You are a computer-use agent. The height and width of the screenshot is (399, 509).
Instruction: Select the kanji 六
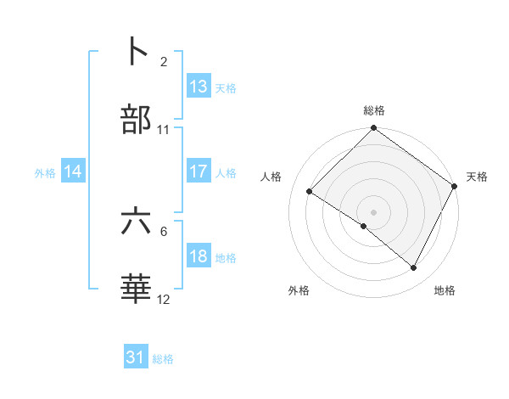(x=137, y=222)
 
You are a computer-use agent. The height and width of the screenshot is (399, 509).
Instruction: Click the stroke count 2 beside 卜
(x=164, y=61)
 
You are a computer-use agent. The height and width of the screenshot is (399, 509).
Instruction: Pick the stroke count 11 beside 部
(x=164, y=130)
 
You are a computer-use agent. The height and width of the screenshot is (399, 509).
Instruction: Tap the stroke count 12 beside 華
(x=164, y=300)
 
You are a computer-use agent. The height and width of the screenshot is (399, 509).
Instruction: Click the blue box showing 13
(x=199, y=87)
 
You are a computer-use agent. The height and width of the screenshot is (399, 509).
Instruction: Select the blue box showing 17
(x=199, y=171)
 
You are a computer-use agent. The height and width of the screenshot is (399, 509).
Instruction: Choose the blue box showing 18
(x=199, y=256)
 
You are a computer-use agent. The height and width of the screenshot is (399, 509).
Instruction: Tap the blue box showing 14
(x=74, y=171)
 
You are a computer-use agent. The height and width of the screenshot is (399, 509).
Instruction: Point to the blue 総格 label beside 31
(x=163, y=359)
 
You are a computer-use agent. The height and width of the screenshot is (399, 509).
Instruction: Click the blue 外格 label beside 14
(x=45, y=173)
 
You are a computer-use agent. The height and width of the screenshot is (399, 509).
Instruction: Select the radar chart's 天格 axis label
(x=477, y=177)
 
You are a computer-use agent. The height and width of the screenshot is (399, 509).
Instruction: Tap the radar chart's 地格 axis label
(x=445, y=291)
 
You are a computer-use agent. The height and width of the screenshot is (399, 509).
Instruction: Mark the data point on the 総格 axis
(x=373, y=129)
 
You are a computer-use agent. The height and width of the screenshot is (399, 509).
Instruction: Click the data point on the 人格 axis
(x=310, y=191)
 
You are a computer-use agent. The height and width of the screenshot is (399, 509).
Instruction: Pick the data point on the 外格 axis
(x=364, y=226)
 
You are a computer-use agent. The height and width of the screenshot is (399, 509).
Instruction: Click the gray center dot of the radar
(x=373, y=211)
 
